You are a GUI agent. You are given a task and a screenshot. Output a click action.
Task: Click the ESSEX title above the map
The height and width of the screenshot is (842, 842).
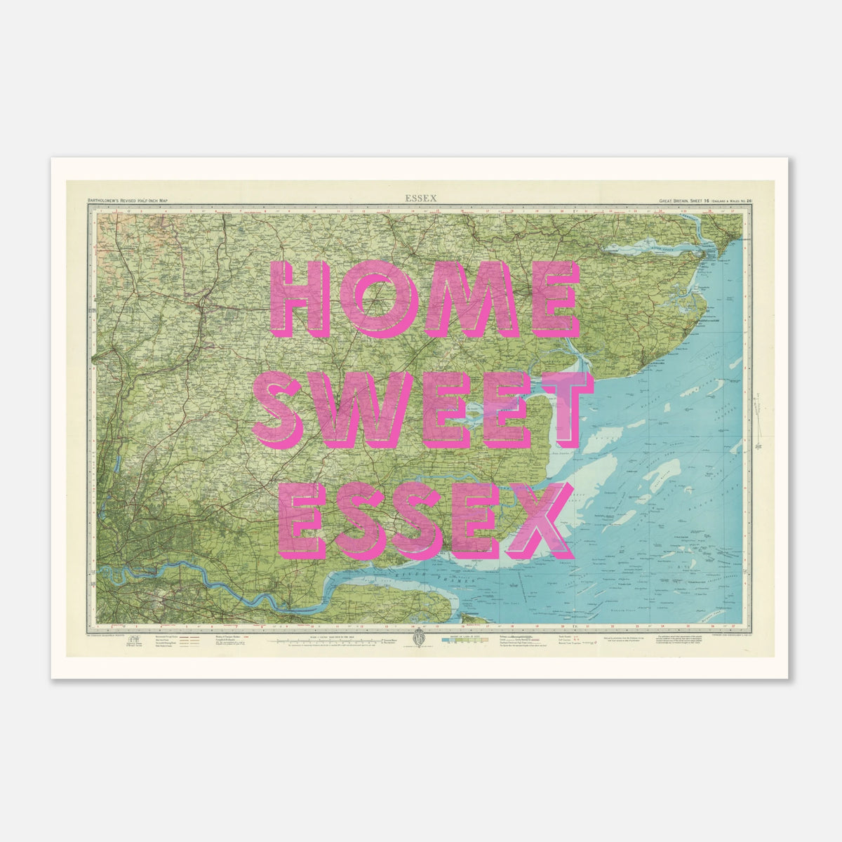(420, 199)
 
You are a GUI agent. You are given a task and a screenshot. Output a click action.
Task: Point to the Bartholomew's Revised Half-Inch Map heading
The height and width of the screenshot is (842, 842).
(128, 201)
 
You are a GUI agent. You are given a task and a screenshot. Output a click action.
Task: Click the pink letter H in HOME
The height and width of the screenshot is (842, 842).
(300, 298)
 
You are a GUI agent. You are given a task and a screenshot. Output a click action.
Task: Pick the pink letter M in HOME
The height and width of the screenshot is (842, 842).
(459, 298)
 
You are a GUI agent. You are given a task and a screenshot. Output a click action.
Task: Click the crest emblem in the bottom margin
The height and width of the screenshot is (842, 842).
(420, 641)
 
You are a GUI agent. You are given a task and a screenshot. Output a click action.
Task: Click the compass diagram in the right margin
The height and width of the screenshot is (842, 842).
(759, 408)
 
